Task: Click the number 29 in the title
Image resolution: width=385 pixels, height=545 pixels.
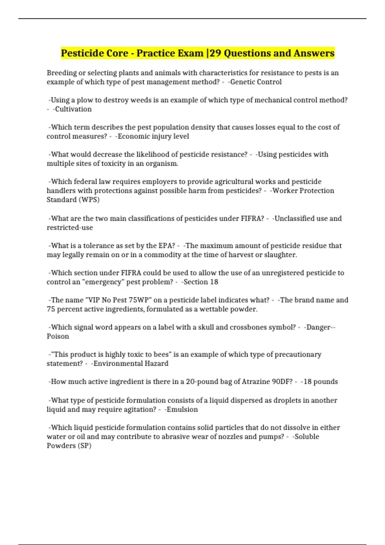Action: click(x=215, y=53)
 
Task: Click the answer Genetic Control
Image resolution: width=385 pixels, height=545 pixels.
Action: click(x=256, y=82)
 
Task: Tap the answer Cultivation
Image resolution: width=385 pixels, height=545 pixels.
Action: click(x=73, y=109)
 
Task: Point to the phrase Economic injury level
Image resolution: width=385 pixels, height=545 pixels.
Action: click(x=153, y=136)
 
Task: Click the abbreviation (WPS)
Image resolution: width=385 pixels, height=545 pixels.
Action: click(x=89, y=200)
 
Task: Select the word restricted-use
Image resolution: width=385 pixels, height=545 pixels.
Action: click(x=70, y=228)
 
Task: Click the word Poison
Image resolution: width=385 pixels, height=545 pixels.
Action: click(x=58, y=336)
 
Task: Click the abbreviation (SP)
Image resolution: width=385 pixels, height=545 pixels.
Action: click(x=85, y=446)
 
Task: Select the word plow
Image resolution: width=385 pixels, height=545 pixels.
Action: click(x=85, y=100)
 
